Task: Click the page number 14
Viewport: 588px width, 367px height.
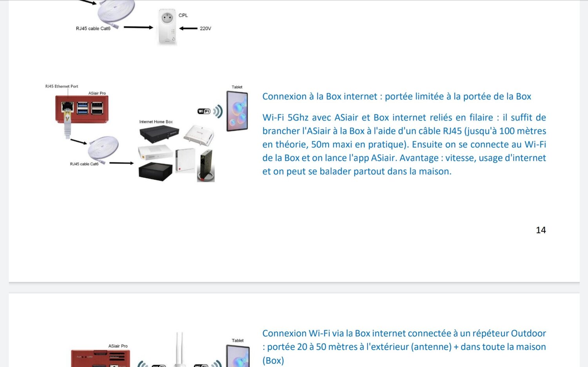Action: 541,230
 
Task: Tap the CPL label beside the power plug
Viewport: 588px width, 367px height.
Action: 183,16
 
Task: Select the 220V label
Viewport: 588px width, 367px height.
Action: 205,29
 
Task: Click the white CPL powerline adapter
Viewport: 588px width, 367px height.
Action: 167,27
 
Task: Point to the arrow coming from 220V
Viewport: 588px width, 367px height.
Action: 189,28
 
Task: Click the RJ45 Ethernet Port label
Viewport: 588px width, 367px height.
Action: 62,86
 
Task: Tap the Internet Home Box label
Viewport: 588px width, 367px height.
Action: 156,122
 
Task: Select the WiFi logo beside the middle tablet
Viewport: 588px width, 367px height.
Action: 204,111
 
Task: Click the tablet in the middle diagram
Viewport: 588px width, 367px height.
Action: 237,111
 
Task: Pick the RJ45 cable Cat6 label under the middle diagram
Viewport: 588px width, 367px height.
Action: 84,164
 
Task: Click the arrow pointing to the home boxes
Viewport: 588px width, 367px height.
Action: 122,163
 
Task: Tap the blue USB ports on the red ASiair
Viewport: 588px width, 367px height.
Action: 83,108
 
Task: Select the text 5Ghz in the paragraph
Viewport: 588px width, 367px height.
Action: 298,118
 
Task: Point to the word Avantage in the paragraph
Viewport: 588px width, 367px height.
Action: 419,158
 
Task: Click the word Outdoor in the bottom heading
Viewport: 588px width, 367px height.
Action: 528,333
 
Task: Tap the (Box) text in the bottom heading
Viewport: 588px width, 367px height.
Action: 273,360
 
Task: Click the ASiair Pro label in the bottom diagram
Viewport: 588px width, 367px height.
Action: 118,346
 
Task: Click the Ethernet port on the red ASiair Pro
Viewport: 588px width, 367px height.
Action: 68,107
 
